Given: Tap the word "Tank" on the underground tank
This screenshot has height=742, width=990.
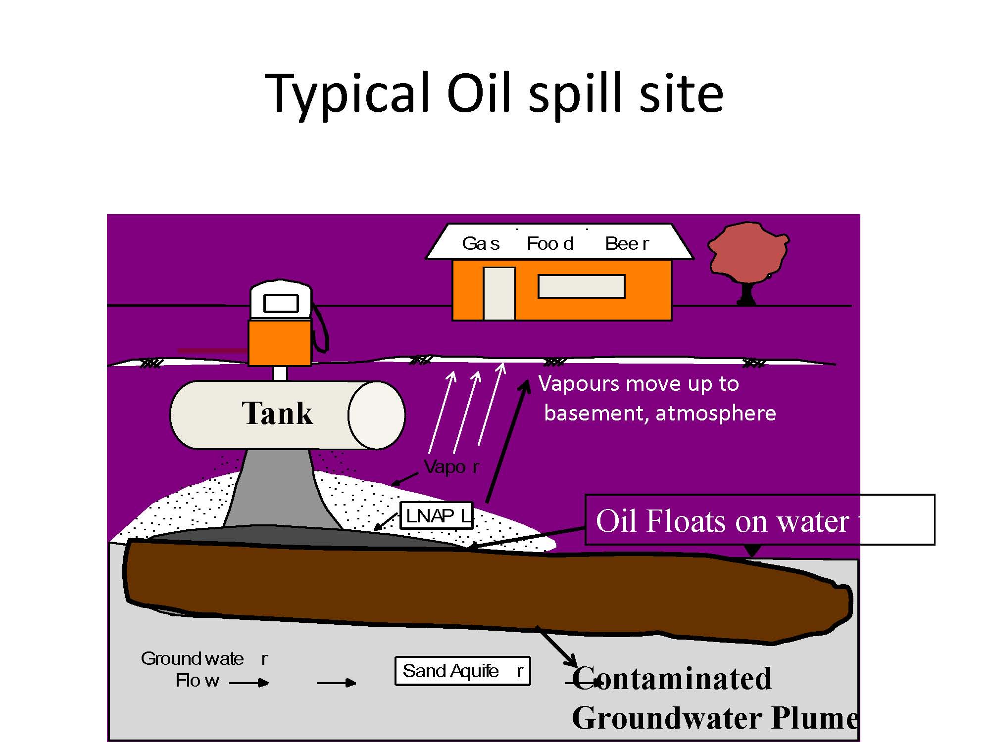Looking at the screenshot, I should point(277,414).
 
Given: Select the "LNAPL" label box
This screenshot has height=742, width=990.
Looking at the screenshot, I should point(437,516).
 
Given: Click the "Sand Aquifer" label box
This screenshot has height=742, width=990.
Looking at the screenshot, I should point(462,671).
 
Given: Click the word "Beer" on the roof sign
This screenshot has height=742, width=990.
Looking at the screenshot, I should point(627,243).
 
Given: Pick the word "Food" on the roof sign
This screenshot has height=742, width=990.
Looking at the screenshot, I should point(550,243).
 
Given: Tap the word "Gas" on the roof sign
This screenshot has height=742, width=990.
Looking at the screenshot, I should point(481,243).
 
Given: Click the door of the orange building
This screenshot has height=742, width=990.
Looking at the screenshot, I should point(499,294).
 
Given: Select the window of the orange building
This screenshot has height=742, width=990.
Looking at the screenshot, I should point(582,286).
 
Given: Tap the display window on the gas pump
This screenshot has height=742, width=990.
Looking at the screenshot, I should point(281,303).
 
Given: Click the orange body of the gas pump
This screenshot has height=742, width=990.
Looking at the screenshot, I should point(280,343).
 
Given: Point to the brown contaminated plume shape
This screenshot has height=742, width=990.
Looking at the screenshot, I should point(485,589).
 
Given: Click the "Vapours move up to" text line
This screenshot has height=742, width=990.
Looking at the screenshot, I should point(639,384).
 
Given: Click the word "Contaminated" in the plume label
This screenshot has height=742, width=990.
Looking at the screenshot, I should point(672,679).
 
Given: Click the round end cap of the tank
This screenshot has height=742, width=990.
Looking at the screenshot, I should point(376,415).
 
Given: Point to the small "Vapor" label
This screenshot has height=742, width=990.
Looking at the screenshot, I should point(451,467).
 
